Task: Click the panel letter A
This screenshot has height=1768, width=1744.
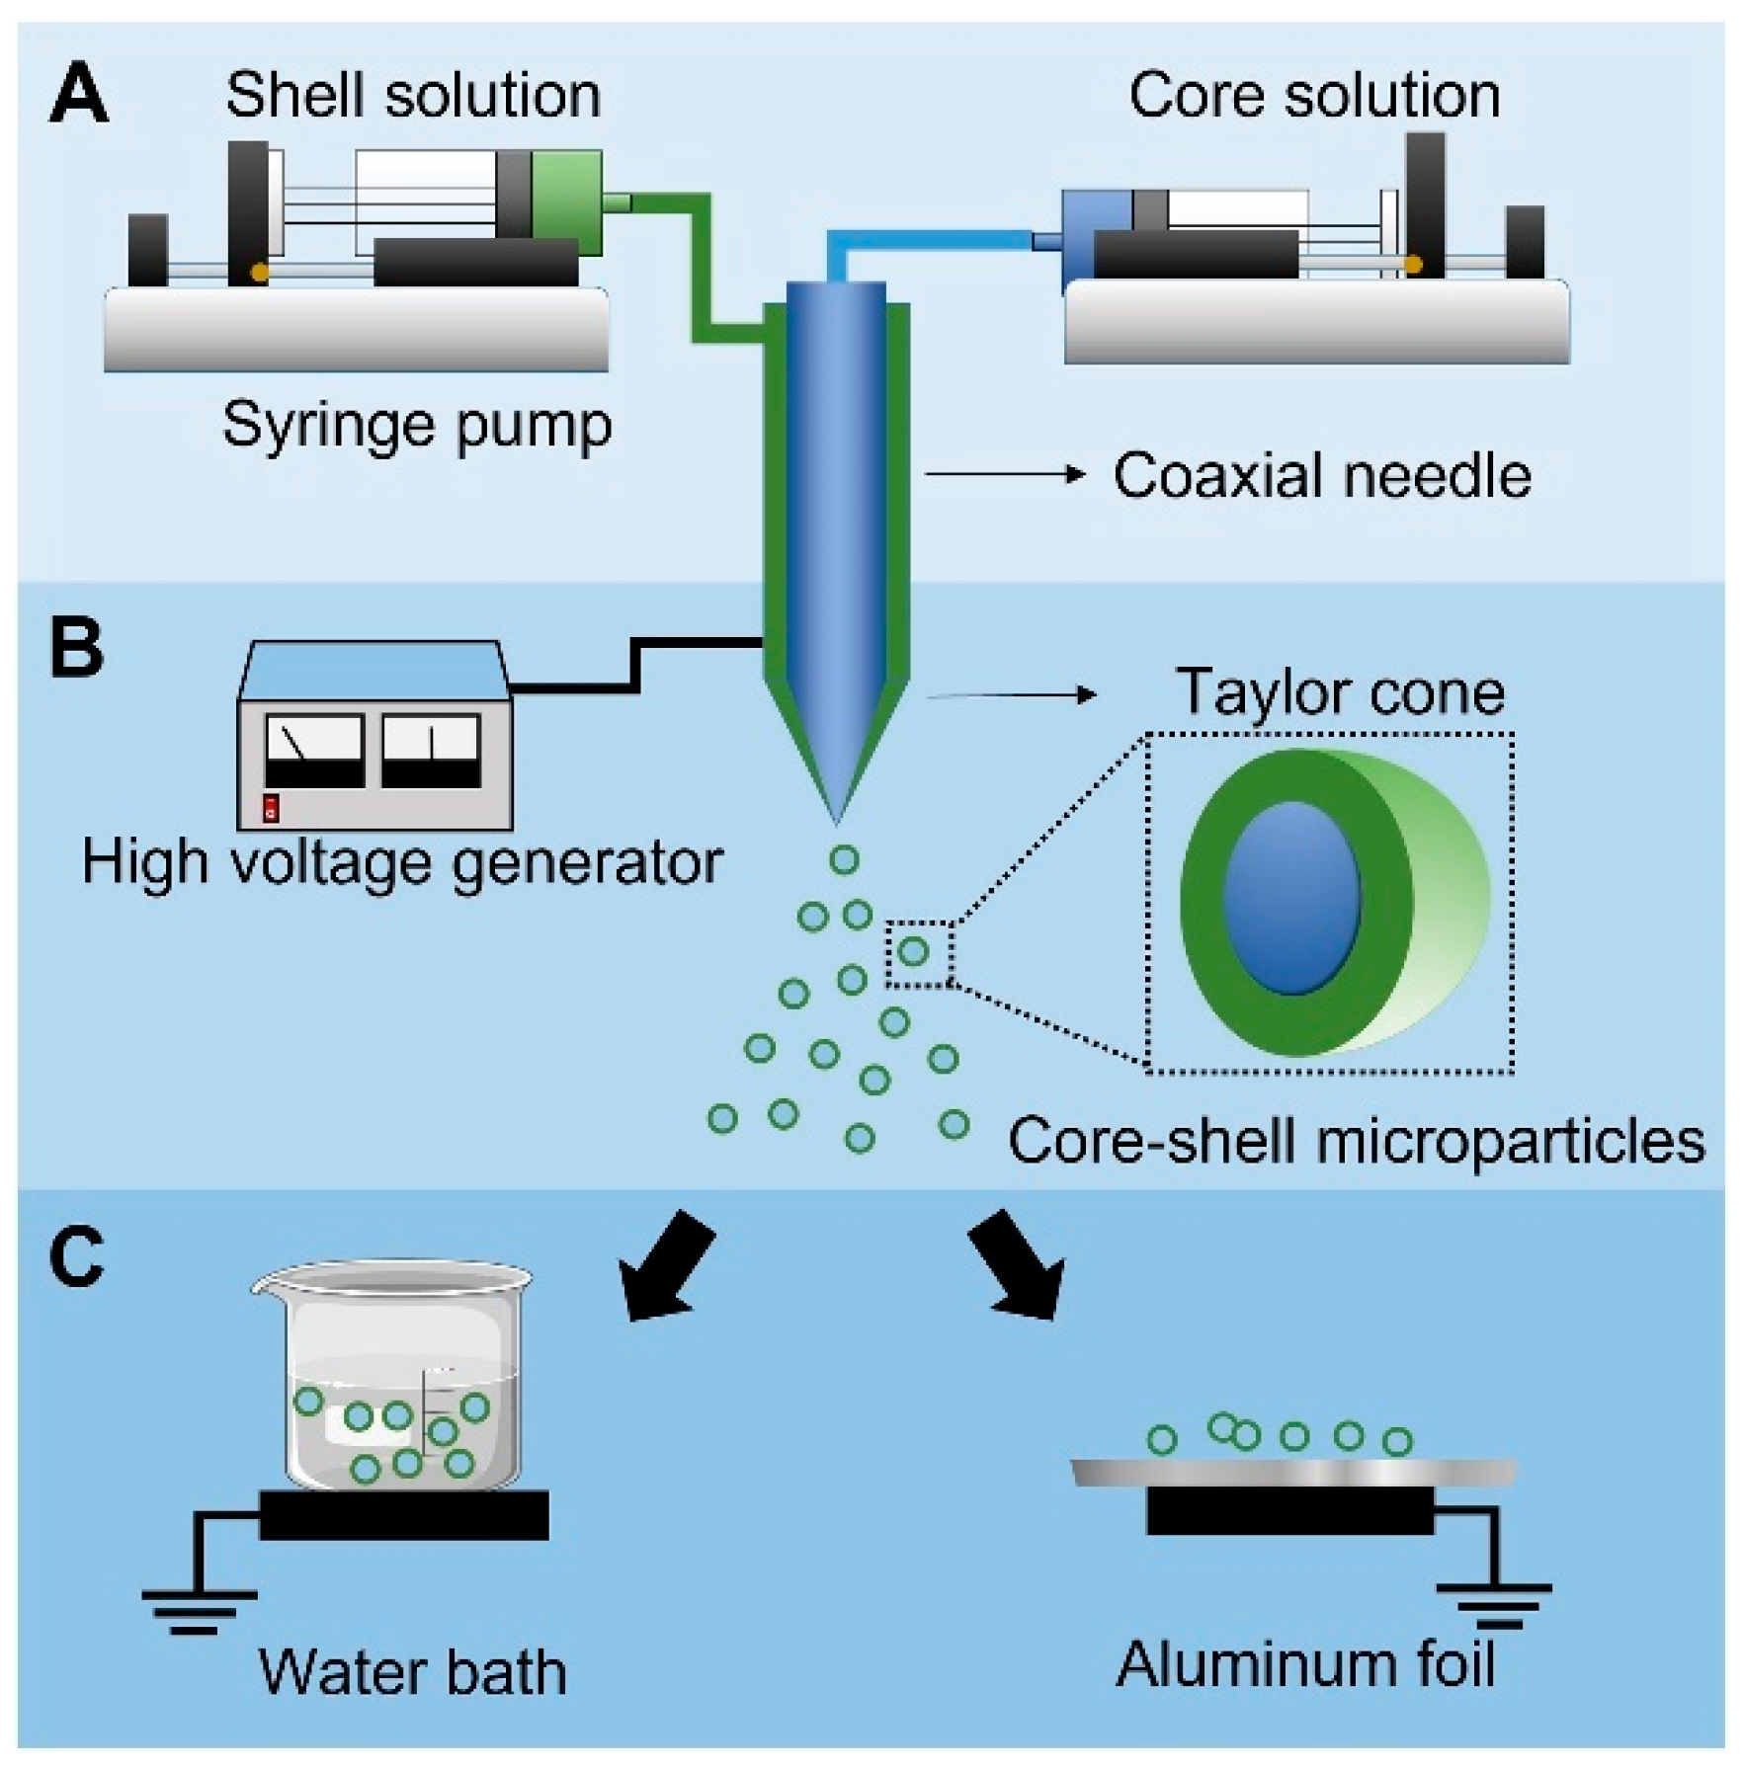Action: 78,95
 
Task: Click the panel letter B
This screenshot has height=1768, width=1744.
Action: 76,648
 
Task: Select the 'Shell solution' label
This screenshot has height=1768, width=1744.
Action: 413,96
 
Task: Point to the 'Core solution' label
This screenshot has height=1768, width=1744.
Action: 1314,96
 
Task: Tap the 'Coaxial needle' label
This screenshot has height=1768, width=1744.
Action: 1322,476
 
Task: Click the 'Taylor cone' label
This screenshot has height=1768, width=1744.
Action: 1340,691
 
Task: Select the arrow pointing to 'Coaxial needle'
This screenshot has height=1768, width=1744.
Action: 1004,475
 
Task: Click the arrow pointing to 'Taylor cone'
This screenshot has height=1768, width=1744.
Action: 1011,695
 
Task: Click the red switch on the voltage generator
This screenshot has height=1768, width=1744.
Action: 271,808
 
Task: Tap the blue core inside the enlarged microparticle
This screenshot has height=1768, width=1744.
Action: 1292,897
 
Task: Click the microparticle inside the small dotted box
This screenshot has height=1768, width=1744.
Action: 913,951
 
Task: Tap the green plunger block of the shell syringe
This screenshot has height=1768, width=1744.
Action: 566,202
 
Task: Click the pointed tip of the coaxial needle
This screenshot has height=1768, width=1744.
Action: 836,824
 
